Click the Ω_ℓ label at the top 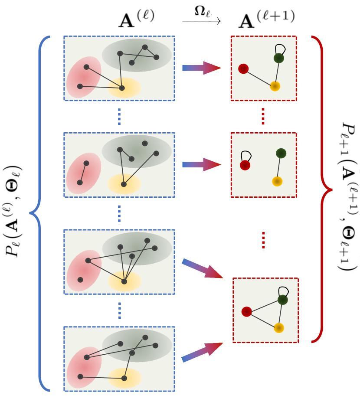201,10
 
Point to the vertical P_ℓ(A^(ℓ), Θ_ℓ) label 11,212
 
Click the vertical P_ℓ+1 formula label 348,195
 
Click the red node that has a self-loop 245,165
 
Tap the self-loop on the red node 246,155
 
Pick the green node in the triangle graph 283,300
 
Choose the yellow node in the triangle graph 279,327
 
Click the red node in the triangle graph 247,312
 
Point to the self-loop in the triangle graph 284,290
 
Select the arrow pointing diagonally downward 202,268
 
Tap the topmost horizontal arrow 201,68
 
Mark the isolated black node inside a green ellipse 145,143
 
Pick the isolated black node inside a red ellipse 80,280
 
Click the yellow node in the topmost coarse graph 275,86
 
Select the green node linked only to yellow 281,153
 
